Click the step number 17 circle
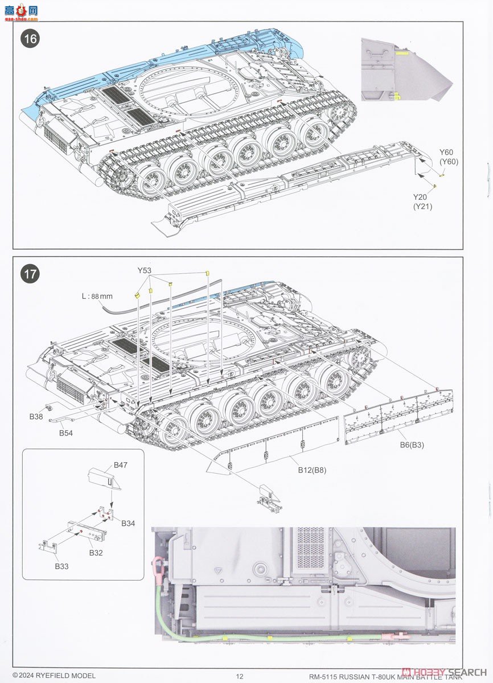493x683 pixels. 31,274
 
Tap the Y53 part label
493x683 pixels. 145,270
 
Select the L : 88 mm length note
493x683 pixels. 97,296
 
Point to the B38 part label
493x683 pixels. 36,417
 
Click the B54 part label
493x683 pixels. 66,433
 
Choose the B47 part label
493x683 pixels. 120,465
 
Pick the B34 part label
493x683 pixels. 128,523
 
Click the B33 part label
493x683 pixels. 62,566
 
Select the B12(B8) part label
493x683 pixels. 313,470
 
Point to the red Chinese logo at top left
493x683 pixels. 22,10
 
